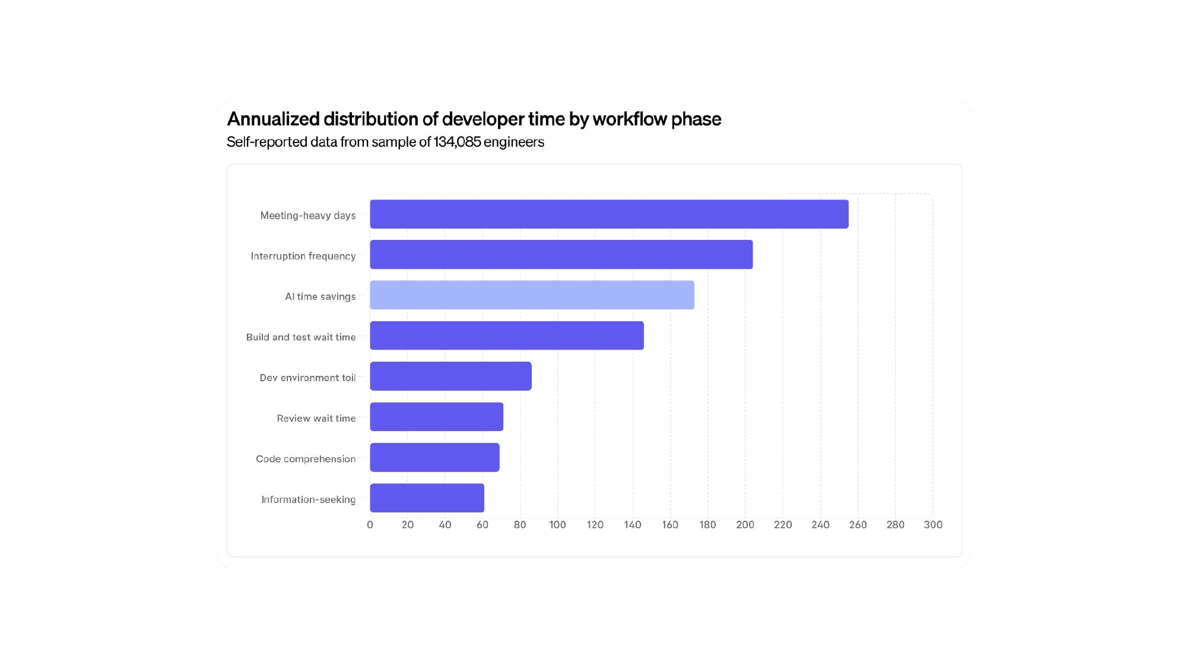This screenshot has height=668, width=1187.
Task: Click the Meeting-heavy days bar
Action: (609, 214)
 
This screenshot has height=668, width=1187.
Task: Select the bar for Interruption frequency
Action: (561, 255)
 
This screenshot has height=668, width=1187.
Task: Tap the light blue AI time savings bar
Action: (532, 295)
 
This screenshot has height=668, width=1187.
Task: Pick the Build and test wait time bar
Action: (507, 335)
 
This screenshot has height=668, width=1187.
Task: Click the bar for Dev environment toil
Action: (450, 376)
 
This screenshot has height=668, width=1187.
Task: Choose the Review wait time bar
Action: (436, 417)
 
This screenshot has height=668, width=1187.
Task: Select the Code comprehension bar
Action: (434, 458)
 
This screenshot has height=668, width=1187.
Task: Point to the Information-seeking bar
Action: (427, 498)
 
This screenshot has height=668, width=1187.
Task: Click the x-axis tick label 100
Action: (557, 525)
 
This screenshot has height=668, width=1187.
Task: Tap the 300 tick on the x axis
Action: (933, 525)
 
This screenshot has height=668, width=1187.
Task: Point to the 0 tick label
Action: (370, 525)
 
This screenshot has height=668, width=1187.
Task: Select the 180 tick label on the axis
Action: (707, 525)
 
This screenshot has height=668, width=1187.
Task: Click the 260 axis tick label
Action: (858, 525)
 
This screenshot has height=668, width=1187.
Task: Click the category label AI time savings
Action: (320, 296)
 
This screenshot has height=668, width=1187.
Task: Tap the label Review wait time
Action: (316, 419)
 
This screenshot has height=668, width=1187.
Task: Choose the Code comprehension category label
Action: (306, 459)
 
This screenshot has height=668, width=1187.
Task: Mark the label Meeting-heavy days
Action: (307, 216)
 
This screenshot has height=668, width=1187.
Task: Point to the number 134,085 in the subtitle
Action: (457, 143)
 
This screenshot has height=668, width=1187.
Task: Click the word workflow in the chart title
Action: (630, 119)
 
